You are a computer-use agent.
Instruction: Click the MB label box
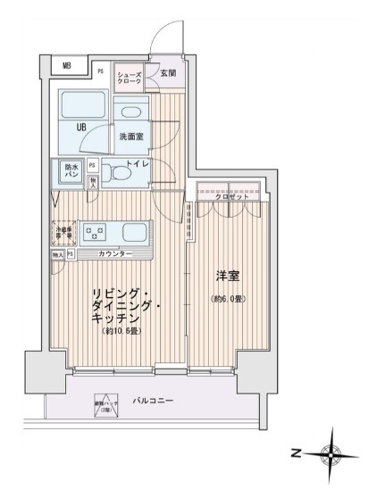[66, 65]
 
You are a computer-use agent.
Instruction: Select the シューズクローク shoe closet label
[130, 79]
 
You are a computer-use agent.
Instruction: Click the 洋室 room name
[228, 278]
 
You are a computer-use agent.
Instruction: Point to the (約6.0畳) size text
[228, 299]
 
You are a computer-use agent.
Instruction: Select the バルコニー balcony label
[154, 402]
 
